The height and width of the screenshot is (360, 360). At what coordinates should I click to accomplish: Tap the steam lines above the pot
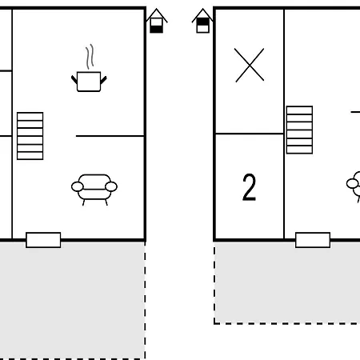90,57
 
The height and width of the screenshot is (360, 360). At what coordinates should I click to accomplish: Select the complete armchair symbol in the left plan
94,190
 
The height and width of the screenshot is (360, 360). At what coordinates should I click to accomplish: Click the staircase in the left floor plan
30,136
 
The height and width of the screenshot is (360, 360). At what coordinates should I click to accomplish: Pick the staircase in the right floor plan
299,130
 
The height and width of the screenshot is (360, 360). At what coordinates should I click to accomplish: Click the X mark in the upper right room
250,65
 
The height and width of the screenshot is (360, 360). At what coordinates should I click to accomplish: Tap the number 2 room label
249,187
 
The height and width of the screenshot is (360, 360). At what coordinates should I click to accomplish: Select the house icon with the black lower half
157,21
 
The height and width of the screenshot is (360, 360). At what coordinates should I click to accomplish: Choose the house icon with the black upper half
202,21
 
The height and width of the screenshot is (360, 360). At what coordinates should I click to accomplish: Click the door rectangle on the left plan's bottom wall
43,240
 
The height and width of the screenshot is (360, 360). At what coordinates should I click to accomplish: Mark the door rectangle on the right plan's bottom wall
313,240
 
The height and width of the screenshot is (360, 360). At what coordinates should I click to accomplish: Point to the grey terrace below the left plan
73,301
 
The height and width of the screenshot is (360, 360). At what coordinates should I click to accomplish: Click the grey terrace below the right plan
287,283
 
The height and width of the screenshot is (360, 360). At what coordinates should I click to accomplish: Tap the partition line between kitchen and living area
110,136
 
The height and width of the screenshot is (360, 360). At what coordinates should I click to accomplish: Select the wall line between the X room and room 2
250,134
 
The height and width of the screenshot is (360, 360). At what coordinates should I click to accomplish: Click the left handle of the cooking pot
74,79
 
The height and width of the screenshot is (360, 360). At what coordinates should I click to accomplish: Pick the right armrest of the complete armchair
111,186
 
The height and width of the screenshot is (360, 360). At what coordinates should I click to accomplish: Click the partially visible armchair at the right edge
354,186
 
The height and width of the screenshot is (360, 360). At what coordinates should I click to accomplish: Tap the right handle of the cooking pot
103,80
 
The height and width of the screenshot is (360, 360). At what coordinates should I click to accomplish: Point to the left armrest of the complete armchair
78,186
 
